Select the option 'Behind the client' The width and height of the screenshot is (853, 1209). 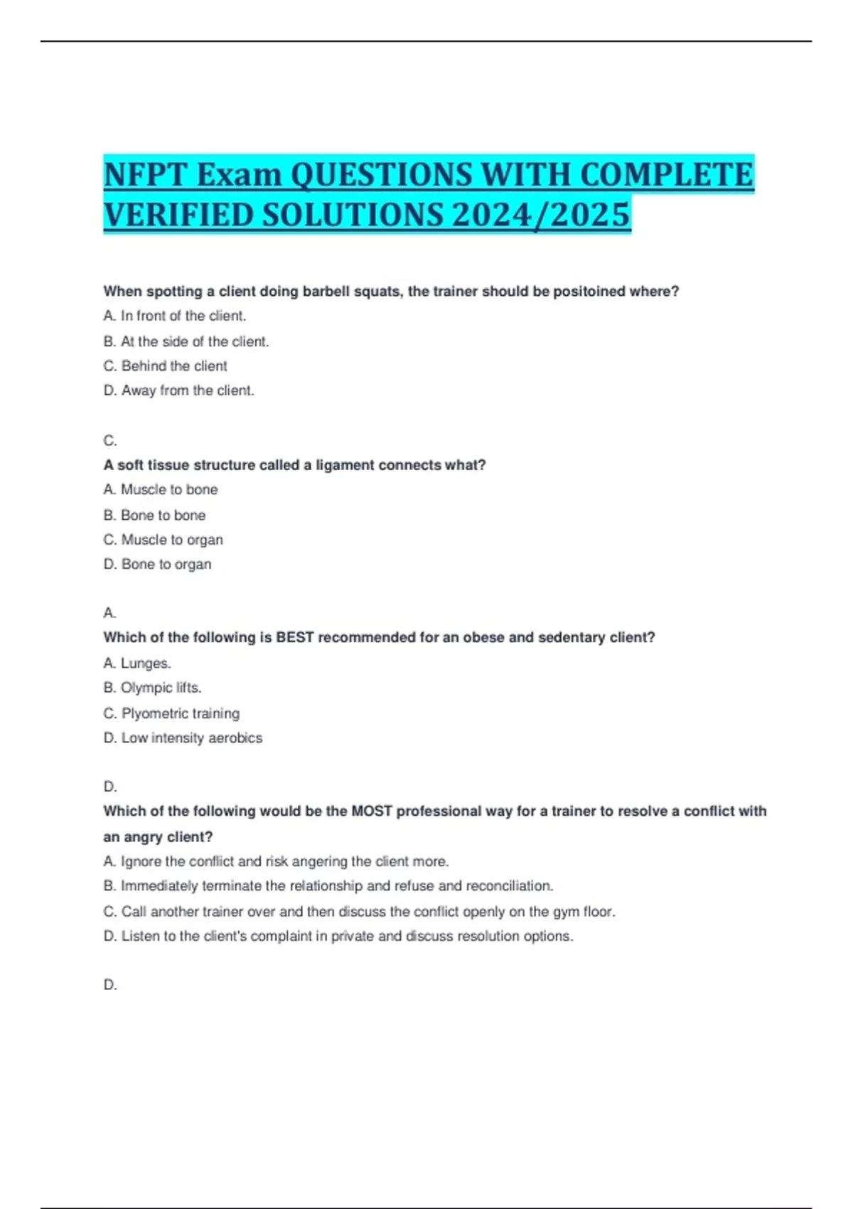pyautogui.click(x=174, y=366)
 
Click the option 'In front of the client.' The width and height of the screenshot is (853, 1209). pyautogui.click(x=183, y=316)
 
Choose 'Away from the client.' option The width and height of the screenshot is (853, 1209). pyautogui.click(x=187, y=390)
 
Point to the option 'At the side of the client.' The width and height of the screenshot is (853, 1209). pyautogui.click(x=194, y=341)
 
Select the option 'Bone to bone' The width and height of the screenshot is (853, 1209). pyautogui.click(x=163, y=515)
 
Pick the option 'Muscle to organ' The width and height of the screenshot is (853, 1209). pyautogui.click(x=171, y=540)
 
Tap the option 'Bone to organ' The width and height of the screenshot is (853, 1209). pyautogui.click(x=166, y=564)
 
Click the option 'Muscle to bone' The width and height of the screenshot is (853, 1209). pyautogui.click(x=168, y=489)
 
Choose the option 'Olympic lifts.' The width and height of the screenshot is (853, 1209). pyautogui.click(x=161, y=688)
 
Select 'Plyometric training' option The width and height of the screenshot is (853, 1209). pyautogui.click(x=180, y=713)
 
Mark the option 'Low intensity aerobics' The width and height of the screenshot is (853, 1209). pyautogui.click(x=191, y=738)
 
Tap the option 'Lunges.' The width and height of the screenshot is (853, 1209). pyautogui.click(x=146, y=663)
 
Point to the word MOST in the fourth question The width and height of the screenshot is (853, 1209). pyautogui.click(x=372, y=811)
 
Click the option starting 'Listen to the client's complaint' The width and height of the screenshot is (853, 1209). pyautogui.click(x=346, y=937)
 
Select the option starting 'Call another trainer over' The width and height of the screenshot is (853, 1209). pyautogui.click(x=368, y=912)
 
